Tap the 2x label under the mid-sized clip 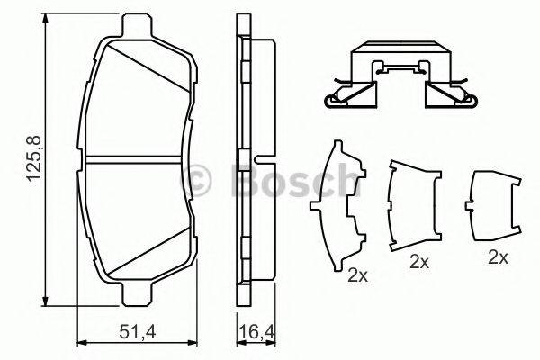click(x=418, y=262)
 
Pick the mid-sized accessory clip click(x=413, y=204)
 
